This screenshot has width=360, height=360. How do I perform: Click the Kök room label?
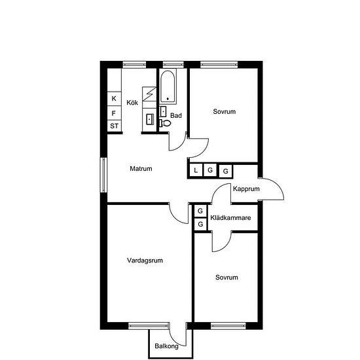132,102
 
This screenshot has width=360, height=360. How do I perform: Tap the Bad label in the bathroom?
176,115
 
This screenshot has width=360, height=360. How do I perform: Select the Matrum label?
141,168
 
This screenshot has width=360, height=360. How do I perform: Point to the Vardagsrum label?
145,261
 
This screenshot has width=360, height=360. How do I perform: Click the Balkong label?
167,346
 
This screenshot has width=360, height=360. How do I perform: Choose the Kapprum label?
246,189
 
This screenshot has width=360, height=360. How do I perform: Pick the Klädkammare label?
231,218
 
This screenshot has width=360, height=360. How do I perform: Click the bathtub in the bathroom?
168,86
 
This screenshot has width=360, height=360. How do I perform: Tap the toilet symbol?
166,123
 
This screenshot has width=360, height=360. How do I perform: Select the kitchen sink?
150,119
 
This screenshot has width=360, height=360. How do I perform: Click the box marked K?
114,99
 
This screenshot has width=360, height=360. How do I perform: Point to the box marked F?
114,113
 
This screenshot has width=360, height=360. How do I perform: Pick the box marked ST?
114,126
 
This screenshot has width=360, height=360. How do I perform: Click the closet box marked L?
196,170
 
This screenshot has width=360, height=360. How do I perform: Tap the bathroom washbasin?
163,111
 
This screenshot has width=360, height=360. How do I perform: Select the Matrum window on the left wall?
104,175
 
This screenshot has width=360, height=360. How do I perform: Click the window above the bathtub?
173,65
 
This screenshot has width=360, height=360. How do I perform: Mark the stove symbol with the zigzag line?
149,94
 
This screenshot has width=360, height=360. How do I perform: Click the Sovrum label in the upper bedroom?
225,111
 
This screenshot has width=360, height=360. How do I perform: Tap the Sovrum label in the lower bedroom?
226,278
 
